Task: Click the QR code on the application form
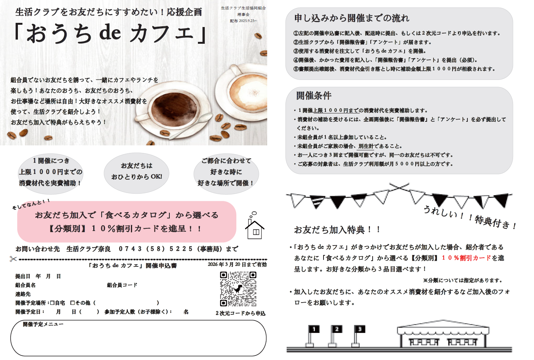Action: tap(238, 289)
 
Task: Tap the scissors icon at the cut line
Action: tap(13, 259)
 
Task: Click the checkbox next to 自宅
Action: tap(52, 303)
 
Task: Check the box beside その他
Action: tap(72, 303)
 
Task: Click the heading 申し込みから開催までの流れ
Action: tap(352, 18)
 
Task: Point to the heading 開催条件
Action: tap(314, 96)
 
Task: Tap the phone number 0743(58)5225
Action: tap(155, 249)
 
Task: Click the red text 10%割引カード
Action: tap(466, 258)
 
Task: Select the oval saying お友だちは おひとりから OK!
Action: tap(136, 173)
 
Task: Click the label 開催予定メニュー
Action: tap(43, 324)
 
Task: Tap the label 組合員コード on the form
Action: tap(122, 285)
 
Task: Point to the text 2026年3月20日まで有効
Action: tap(237, 264)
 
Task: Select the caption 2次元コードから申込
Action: tap(240, 313)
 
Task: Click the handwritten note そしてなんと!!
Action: tap(31, 204)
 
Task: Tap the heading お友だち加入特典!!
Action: tap(337, 230)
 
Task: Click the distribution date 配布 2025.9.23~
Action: tap(243, 21)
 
